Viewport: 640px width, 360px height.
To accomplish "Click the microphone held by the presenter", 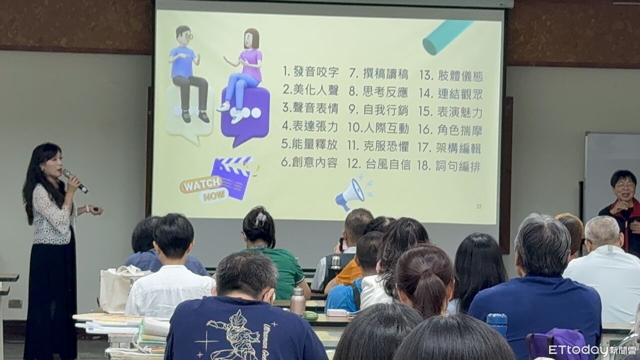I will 74,180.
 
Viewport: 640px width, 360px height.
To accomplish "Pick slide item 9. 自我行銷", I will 378,109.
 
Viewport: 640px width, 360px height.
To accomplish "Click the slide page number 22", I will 478,206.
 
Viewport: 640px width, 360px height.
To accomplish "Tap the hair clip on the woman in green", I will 260,218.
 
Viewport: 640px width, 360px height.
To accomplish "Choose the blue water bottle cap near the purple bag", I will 497,318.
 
